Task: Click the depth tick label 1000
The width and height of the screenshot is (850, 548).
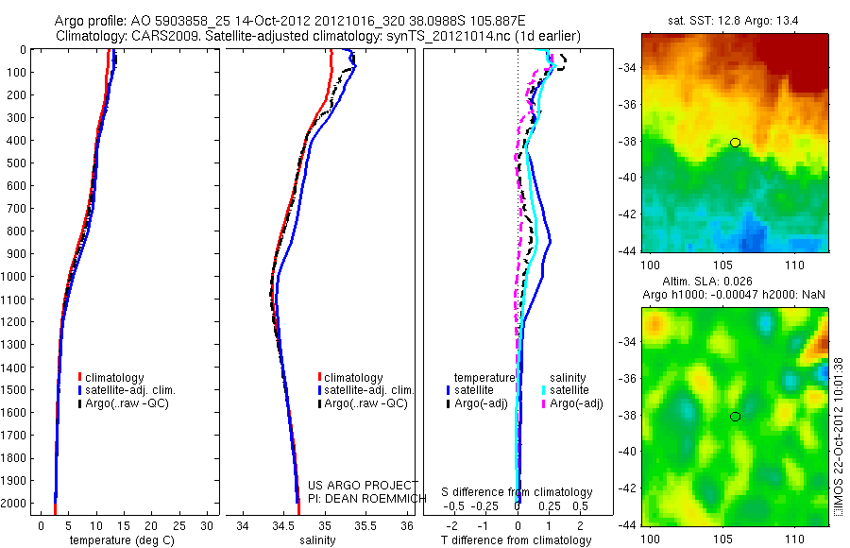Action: click(x=16, y=276)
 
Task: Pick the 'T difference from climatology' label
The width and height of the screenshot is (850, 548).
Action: click(x=518, y=540)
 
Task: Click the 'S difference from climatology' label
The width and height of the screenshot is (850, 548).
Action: click(x=518, y=492)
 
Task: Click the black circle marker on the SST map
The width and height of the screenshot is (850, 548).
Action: click(x=735, y=143)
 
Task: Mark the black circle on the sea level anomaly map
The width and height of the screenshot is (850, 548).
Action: click(x=735, y=416)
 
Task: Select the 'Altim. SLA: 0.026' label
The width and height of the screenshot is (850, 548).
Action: click(x=733, y=283)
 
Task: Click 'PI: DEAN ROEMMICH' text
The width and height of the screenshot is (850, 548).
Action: click(x=363, y=497)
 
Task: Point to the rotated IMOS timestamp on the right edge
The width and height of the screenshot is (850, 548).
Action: click(x=838, y=439)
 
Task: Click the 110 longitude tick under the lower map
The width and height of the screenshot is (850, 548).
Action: click(x=794, y=537)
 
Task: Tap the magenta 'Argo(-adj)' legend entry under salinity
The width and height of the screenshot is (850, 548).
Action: click(x=575, y=404)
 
